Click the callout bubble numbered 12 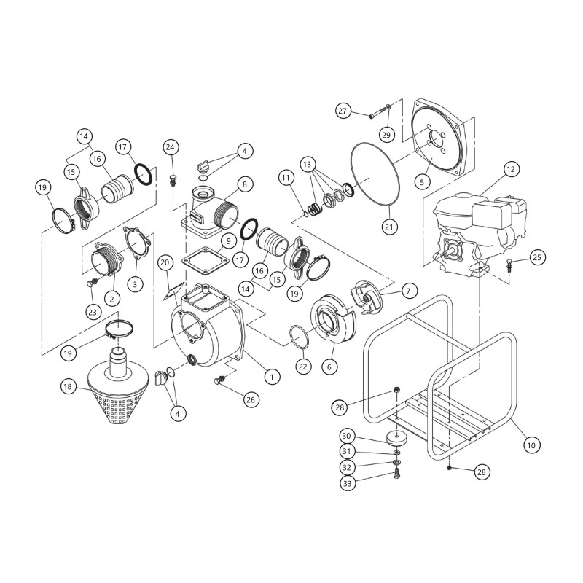(x=509, y=169)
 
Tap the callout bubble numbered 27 (x=343, y=111)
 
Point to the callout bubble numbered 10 (x=531, y=444)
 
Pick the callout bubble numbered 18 (x=68, y=387)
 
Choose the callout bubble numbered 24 (x=171, y=146)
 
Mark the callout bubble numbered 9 (x=227, y=240)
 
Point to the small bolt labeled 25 (x=510, y=264)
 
